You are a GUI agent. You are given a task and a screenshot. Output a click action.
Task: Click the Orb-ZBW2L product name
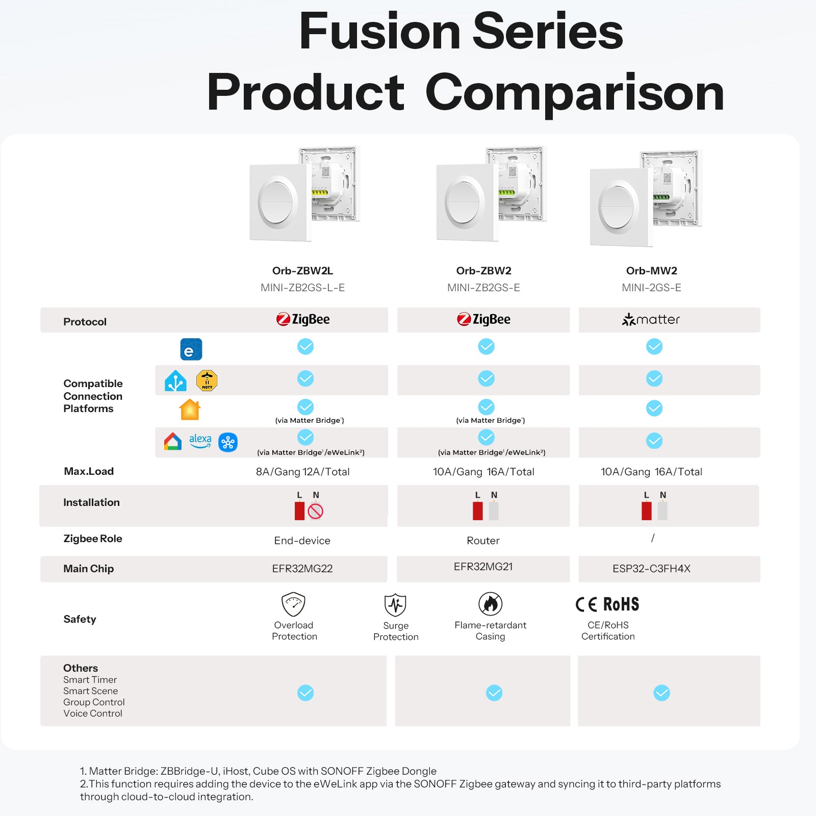coord(302,271)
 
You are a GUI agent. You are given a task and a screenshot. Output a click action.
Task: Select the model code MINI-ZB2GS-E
coord(483,288)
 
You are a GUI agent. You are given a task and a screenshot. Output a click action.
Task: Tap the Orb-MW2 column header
coord(651,271)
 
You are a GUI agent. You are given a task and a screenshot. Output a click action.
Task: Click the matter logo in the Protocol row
coord(651,320)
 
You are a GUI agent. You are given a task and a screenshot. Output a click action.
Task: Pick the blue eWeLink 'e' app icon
coord(191,349)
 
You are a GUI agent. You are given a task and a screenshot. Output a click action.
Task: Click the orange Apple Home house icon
coord(190,410)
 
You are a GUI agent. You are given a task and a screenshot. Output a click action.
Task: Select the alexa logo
coord(200,441)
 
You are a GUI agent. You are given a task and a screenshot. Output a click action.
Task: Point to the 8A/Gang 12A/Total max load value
coord(302,472)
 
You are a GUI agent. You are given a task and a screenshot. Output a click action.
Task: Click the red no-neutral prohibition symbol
coord(316,511)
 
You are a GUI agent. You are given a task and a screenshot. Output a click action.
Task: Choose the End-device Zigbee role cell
coord(302,541)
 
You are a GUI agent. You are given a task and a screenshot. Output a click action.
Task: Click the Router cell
coord(483,541)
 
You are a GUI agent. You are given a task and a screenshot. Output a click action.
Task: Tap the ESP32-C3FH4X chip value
coord(651,569)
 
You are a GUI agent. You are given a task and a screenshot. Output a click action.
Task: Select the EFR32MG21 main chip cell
coord(483,567)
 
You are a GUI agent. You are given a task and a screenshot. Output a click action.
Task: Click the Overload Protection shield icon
coord(293,604)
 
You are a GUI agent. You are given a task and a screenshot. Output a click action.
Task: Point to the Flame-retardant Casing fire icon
coord(490,604)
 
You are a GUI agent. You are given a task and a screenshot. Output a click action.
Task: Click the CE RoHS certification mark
coord(607,604)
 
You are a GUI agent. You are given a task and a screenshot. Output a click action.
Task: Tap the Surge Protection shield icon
coord(395,605)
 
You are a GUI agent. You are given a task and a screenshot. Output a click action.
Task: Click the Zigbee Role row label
coord(92,539)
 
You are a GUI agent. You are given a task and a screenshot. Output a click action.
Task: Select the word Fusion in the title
coord(379,32)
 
